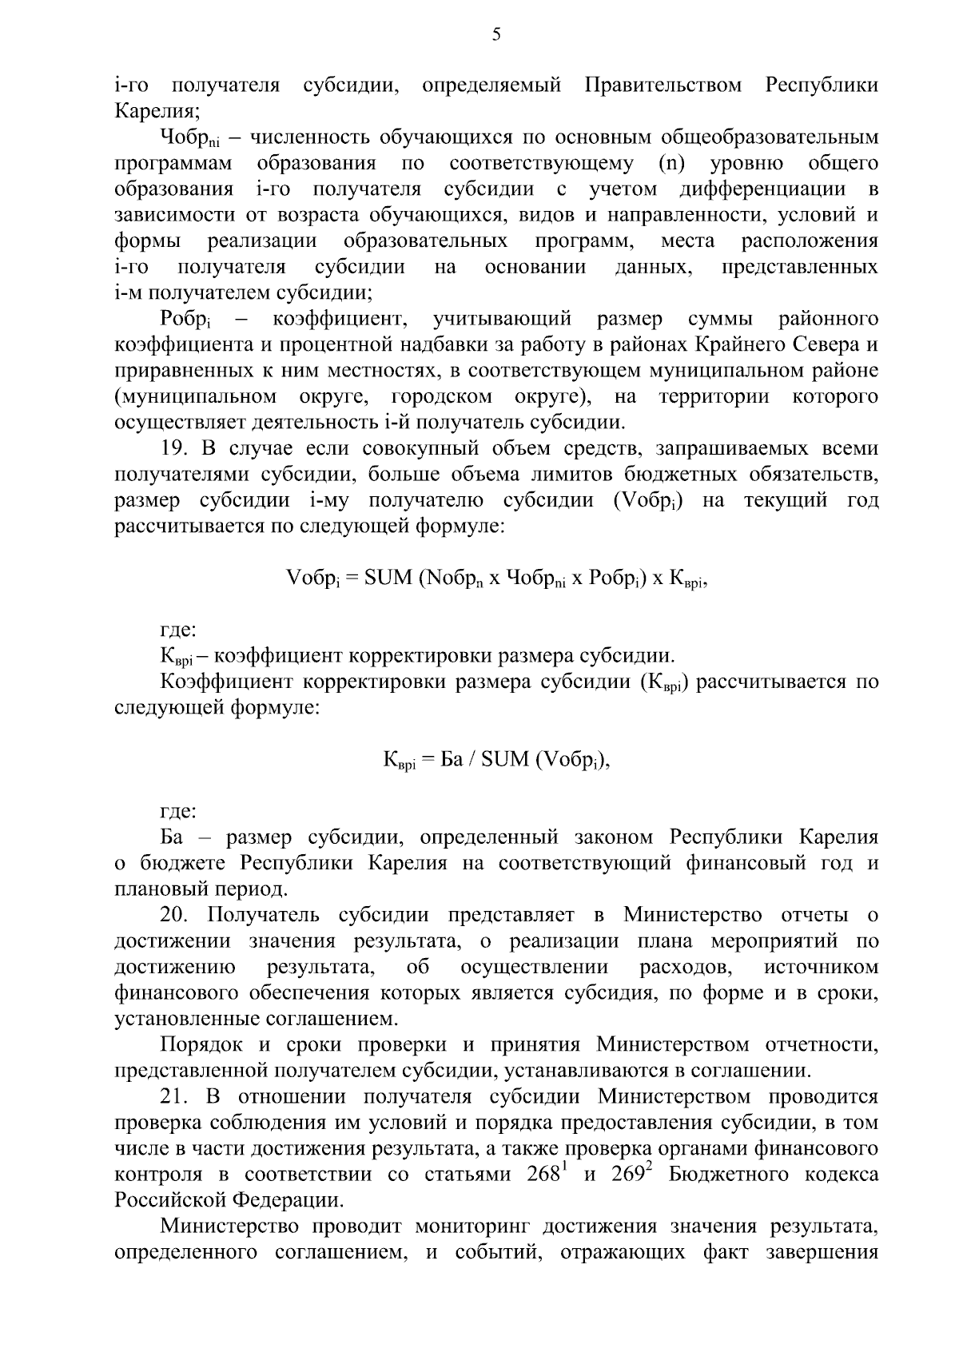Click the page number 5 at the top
click(496, 34)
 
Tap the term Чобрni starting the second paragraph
click(185, 138)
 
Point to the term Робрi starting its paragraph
click(185, 320)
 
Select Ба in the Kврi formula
click(452, 759)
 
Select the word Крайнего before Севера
click(742, 345)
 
